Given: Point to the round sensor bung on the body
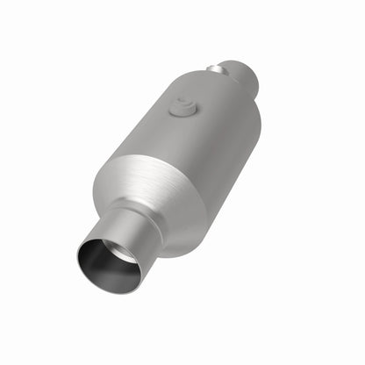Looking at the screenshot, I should coord(182,107).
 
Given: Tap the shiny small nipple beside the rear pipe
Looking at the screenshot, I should coord(214,67).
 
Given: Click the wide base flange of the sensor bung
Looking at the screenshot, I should coord(182,112).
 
